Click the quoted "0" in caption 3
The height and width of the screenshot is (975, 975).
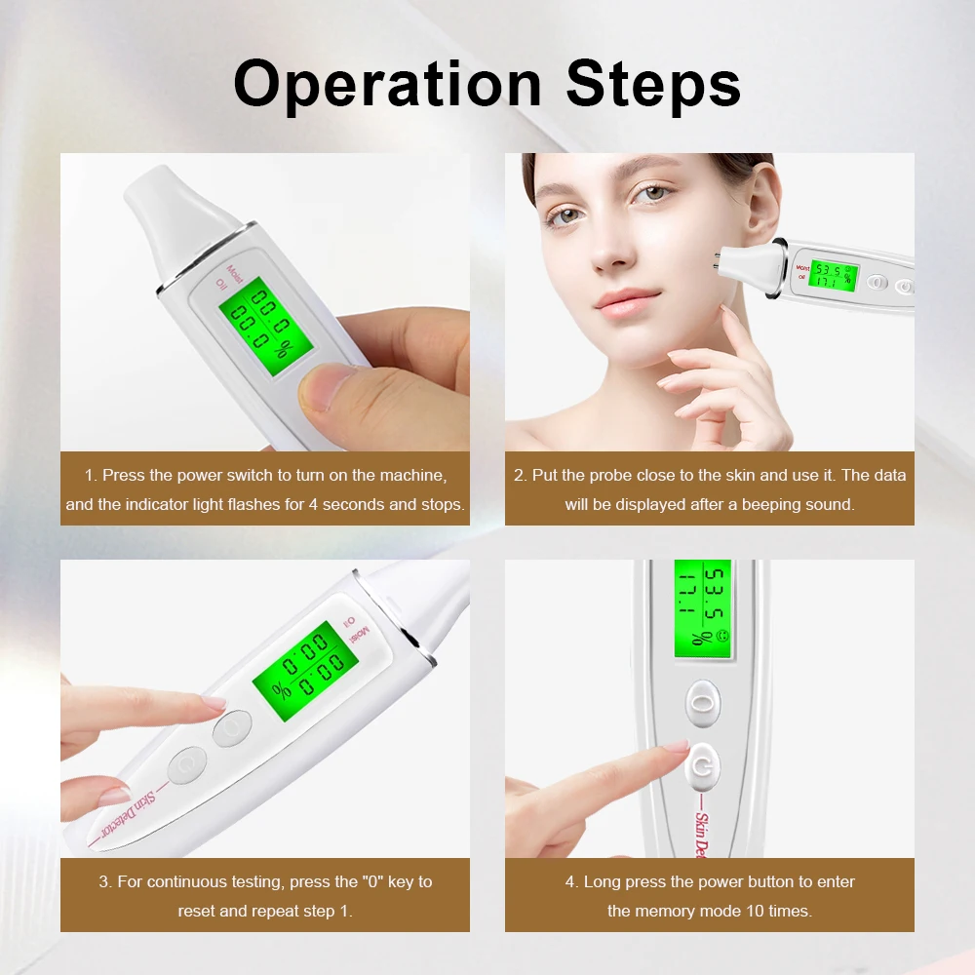(375, 881)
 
